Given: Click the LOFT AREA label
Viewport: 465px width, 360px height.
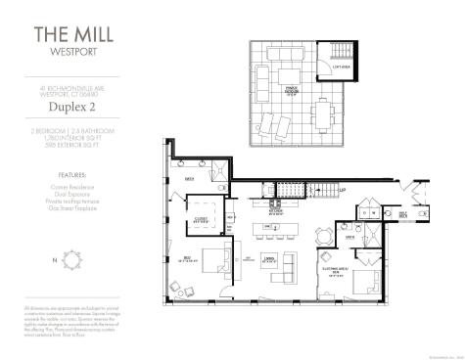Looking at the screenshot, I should point(340,67).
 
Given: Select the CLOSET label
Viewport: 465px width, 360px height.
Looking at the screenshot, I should point(204,219).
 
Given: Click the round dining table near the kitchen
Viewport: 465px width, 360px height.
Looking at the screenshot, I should point(321,237).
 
